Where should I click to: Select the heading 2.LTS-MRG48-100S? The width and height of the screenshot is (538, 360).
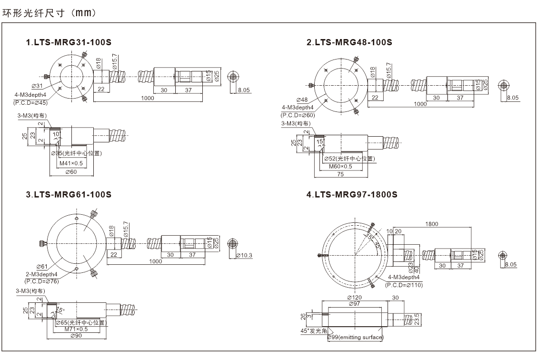[x=349, y=42]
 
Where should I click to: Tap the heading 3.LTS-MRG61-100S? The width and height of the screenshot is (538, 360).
[x=69, y=195]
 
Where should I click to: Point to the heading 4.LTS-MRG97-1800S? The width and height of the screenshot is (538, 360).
[x=352, y=195]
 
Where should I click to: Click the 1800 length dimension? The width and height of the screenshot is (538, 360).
[x=431, y=223]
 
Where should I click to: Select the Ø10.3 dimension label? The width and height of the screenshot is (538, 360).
[x=244, y=256]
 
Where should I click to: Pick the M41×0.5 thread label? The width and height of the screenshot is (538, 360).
[x=71, y=163]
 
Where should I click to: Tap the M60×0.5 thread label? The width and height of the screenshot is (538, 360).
[x=340, y=166]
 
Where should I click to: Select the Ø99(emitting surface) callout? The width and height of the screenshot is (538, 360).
[x=355, y=338]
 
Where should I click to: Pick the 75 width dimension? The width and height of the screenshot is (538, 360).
[x=341, y=173]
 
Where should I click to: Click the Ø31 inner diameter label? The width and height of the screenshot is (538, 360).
[x=37, y=86]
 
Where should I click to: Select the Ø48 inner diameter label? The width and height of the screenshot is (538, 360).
[x=302, y=100]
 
